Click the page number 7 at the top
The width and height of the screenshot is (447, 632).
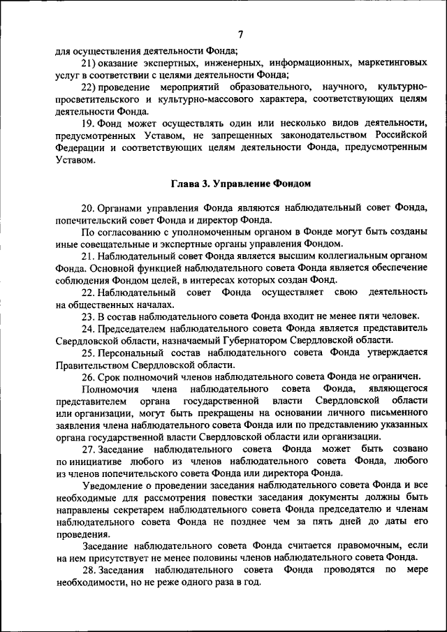tap(240, 35)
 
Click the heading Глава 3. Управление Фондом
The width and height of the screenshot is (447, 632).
tap(240, 184)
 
